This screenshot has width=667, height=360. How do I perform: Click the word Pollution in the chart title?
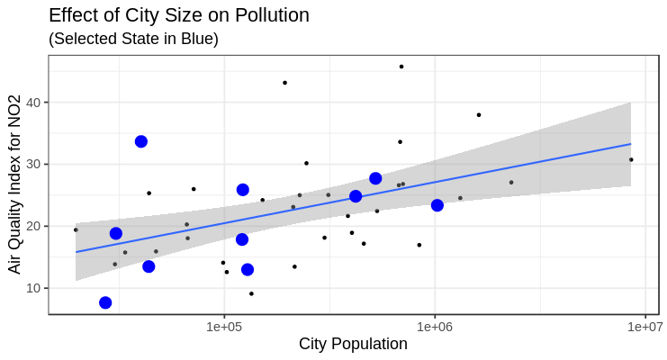pos(267,15)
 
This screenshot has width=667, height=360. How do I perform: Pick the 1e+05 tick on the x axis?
pos(223,326)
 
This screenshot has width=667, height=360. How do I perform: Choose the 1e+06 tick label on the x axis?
pos(435,326)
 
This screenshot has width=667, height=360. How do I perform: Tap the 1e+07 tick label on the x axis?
pos(644,326)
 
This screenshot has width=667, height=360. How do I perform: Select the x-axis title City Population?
pos(353,345)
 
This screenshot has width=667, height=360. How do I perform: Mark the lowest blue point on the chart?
pos(105,302)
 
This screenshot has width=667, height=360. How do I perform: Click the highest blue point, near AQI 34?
pos(141,141)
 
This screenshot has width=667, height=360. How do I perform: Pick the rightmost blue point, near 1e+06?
pos(437,205)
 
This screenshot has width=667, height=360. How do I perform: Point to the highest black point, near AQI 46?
pos(401,67)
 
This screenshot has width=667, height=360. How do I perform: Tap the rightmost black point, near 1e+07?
pos(631,159)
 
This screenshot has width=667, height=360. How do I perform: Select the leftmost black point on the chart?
pos(76,229)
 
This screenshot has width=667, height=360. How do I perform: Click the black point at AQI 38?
pos(479,115)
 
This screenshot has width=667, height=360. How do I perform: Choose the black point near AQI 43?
pos(284,83)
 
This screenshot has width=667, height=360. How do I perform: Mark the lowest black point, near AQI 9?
pos(251,293)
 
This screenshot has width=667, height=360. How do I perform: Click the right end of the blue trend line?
pos(630,144)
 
